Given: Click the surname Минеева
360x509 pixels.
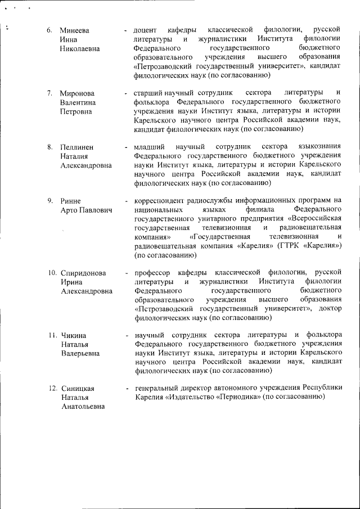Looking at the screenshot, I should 75,29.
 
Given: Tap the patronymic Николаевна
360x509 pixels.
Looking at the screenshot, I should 80,48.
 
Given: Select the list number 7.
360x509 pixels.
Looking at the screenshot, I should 50,93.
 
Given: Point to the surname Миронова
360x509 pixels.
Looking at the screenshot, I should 78,93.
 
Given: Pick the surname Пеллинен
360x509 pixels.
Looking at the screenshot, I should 78,147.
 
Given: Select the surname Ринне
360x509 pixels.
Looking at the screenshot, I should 71,201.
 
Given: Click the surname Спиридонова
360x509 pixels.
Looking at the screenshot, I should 83,273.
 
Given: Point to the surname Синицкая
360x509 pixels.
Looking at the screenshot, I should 78,389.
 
